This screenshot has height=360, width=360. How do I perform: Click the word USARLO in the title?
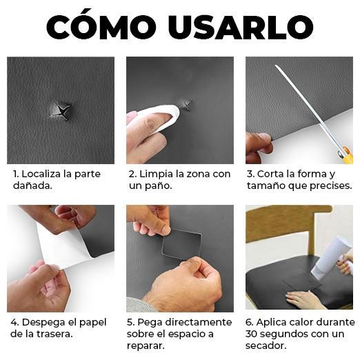[x=245, y=27]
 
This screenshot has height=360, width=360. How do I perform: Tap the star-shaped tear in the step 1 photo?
[x=61, y=110]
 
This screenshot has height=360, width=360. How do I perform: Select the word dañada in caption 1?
[x=30, y=186]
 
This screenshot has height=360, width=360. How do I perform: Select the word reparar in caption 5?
[x=147, y=346]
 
